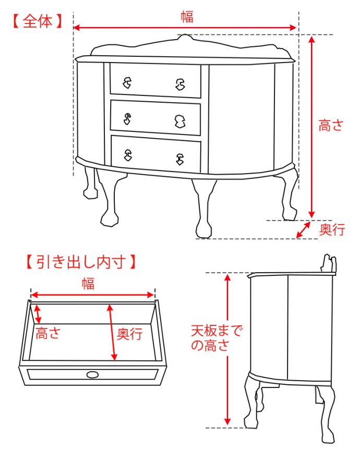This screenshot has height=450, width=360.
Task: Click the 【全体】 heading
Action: pos(38,21)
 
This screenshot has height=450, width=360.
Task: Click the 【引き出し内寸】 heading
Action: pos(81,261)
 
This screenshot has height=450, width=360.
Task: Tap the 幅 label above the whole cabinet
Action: pos(187,17)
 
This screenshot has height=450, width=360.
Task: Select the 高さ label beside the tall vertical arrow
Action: pos(331,126)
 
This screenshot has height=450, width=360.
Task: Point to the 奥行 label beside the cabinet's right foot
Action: pos(332,229)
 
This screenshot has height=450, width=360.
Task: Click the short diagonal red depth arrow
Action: pos(303,229)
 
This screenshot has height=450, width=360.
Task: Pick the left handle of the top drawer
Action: pos(127,83)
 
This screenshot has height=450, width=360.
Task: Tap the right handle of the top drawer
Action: pos(181,84)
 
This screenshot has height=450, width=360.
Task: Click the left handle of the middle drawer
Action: pos(127,119)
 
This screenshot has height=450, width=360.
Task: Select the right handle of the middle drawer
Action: pos(180,121)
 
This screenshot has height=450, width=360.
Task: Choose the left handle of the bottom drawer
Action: pos(128,155)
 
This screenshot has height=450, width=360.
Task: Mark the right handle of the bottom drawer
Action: pos(179,159)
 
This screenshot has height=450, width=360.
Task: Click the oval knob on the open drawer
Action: pos(92,374)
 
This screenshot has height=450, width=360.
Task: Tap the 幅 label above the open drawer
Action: pos(88,283)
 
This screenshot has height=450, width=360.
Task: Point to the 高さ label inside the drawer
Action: pos(48,333)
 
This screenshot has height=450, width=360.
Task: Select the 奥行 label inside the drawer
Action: pos(129,334)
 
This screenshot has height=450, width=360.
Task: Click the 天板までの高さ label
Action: pos(217,338)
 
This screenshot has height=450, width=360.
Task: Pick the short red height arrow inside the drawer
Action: pos(38,314)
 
